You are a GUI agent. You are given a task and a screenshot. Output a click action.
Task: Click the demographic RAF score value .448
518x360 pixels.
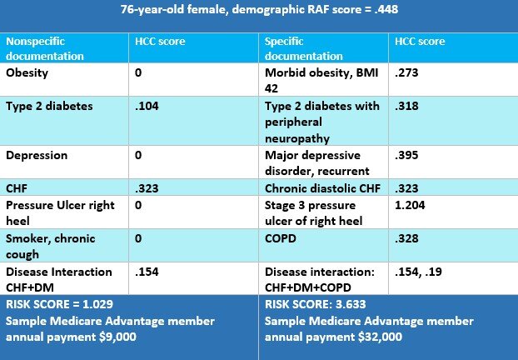pos(386,9)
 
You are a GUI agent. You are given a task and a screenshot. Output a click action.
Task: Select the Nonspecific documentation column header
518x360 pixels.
pos(45,48)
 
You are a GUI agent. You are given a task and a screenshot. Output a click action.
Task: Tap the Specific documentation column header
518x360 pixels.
pos(304,48)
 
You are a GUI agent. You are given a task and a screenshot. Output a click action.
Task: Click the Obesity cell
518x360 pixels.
pos(27,72)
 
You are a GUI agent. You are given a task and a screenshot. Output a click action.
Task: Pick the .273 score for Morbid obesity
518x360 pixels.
pos(406,72)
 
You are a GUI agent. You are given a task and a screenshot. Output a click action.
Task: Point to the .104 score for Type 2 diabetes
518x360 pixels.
pos(147,106)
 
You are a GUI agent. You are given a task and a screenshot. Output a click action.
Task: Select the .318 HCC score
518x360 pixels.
pos(406,106)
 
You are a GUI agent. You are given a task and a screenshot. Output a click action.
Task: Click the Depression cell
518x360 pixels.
pos(37,155)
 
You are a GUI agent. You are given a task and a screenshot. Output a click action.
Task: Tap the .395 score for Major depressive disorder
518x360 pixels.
pos(406,155)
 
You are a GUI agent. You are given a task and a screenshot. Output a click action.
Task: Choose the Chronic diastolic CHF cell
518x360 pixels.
pos(322,188)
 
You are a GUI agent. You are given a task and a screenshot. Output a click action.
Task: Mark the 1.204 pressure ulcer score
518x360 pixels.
pos(410,205)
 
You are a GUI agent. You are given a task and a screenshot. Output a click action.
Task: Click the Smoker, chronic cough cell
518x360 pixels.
pos(51,247)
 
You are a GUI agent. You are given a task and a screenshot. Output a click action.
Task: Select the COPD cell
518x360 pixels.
pos(281,238)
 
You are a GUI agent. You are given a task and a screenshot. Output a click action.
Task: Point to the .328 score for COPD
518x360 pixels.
pos(406,238)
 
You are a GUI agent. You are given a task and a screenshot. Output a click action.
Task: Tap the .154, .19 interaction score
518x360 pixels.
pos(418,272)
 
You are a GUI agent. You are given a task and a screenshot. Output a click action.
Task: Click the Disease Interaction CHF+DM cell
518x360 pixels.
pos(59,280)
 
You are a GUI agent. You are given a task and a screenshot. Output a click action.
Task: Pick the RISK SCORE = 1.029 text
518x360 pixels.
pos(59,304)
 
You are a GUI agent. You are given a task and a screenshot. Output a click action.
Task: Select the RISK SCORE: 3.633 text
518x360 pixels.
pos(315,304)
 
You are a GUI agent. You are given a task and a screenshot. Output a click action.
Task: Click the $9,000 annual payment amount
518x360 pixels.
pos(118,337)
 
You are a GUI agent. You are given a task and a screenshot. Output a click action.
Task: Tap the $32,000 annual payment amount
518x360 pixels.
pos(381,337)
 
